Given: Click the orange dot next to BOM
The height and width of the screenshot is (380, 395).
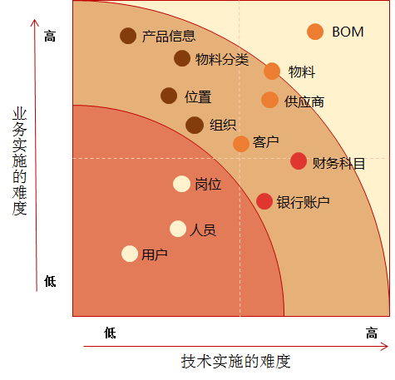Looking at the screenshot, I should pyautogui.click(x=315, y=32).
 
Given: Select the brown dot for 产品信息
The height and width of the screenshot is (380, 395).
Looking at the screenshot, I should pyautogui.click(x=128, y=36).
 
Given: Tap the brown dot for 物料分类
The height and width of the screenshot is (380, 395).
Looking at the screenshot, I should pyautogui.click(x=182, y=58).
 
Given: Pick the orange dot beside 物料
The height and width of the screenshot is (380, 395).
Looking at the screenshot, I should pyautogui.click(x=272, y=72).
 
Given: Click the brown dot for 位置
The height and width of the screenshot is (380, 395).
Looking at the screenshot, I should pyautogui.click(x=169, y=96).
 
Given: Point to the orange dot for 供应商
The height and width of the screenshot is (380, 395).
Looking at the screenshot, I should pyautogui.click(x=269, y=100).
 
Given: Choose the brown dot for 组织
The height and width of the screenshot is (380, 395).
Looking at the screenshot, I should pyautogui.click(x=195, y=125).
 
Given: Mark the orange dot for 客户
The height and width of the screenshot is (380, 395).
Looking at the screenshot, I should pyautogui.click(x=241, y=143).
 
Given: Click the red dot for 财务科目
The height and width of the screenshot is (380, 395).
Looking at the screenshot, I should pyautogui.click(x=299, y=161).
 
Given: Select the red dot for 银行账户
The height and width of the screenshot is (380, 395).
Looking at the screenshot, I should pyautogui.click(x=264, y=201).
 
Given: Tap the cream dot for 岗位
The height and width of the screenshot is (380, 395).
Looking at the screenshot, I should pyautogui.click(x=181, y=184).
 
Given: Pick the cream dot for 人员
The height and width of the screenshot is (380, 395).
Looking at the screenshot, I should pyautogui.click(x=178, y=229).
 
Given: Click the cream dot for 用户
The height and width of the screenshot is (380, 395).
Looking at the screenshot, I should pyautogui.click(x=130, y=254).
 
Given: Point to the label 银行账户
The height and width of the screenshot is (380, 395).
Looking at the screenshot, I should pyautogui.click(x=304, y=202).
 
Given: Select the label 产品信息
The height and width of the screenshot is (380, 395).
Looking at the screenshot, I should pyautogui.click(x=169, y=37).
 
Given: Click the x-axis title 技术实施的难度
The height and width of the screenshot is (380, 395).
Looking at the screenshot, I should pyautogui.click(x=236, y=361).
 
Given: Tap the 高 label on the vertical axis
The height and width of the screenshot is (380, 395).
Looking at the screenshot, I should pyautogui.click(x=50, y=37).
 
